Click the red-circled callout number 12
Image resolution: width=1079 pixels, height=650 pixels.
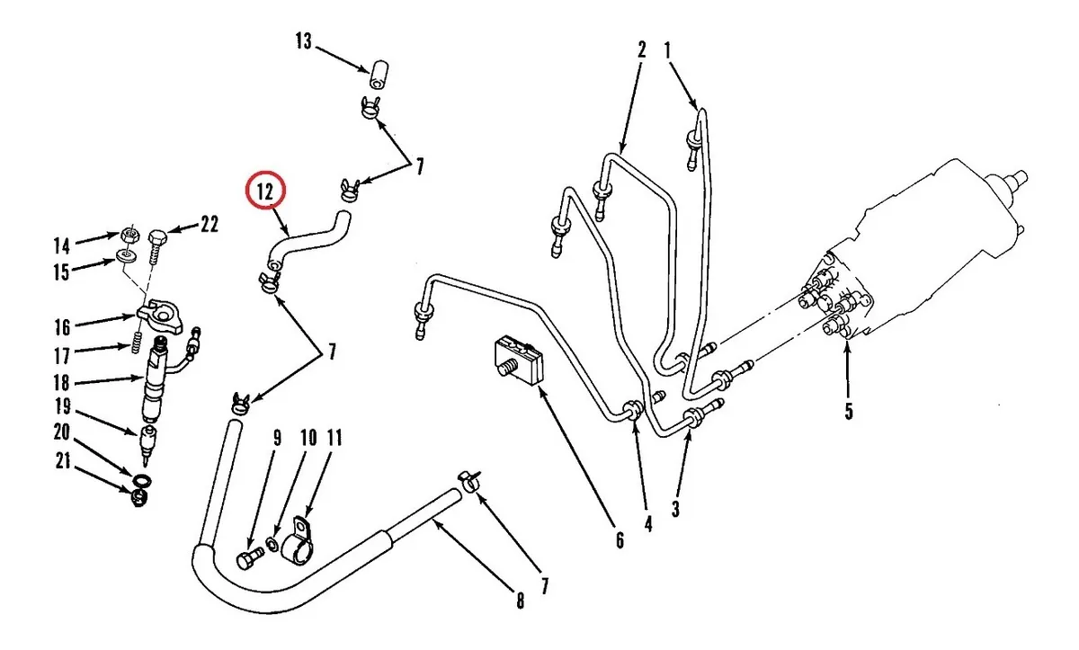265,191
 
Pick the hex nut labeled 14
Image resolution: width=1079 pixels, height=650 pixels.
129,235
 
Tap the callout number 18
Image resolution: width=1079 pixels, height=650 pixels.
61,382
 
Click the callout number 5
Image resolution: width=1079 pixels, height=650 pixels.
848,413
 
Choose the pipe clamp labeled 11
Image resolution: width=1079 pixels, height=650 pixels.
299,540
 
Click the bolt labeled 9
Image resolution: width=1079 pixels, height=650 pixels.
245,559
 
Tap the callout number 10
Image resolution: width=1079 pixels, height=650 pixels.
308,438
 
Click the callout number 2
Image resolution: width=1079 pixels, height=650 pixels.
642,49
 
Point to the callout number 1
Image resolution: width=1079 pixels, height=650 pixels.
668,49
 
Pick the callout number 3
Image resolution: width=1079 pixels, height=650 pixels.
675,509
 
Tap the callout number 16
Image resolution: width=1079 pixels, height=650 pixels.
61,325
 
